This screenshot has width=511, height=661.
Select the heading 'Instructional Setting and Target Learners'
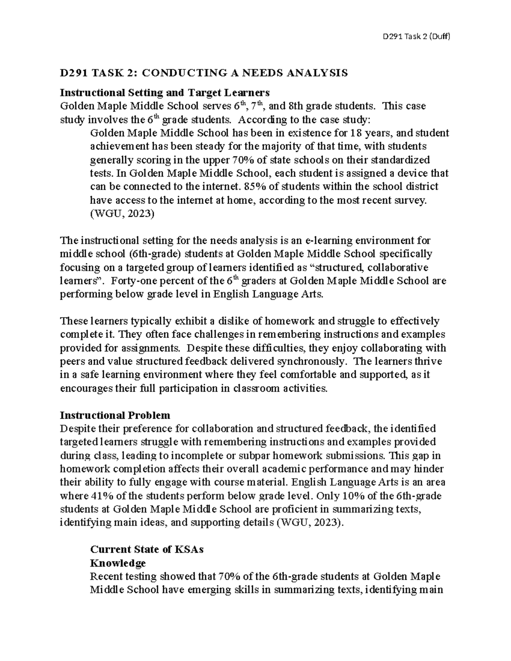(x=165, y=92)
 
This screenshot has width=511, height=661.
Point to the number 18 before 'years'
(x=355, y=133)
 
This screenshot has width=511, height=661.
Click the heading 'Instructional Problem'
(x=115, y=415)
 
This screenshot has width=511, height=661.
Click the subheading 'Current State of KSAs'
(x=147, y=549)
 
